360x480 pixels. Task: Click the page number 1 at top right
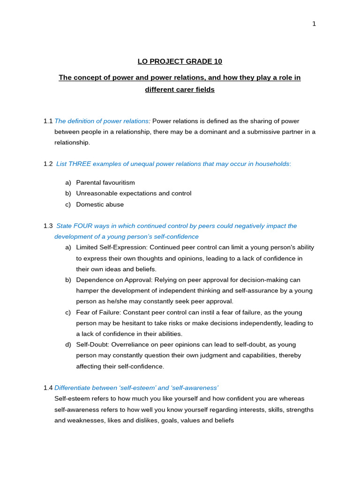coord(314,24)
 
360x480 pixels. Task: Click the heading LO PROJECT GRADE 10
coord(180,61)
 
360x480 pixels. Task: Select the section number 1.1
coord(48,121)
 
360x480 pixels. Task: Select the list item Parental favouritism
coord(105,183)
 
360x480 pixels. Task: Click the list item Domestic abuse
coord(100,204)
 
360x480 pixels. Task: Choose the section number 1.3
coord(48,226)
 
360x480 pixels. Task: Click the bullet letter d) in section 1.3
coord(68,345)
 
